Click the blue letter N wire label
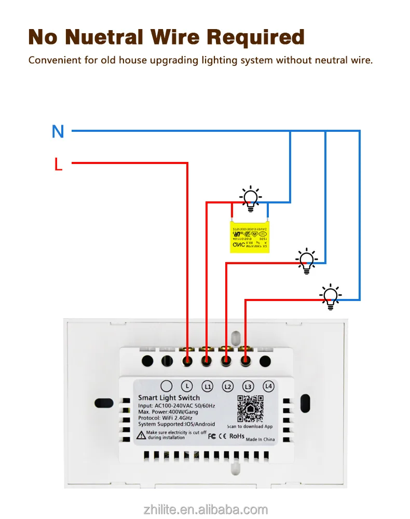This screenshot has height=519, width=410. point(58,131)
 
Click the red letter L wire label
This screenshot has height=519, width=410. point(58,165)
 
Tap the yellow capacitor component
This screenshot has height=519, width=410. point(249,237)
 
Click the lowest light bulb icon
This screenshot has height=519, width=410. point(331,297)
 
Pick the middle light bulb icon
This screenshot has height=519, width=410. point(307,261)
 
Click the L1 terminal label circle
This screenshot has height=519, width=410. point(207,386)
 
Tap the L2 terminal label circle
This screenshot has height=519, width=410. point(227,386)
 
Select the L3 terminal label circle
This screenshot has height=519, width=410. point(248,386)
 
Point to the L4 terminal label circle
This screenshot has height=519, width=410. point(268,386)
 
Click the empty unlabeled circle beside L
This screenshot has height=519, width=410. point(166,386)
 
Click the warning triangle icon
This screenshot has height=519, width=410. point(141,435)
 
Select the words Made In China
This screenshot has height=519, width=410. point(260,439)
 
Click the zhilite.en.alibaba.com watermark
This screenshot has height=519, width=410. point(206,509)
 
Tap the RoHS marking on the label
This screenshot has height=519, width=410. point(236,436)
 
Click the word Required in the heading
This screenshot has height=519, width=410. point(256,37)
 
